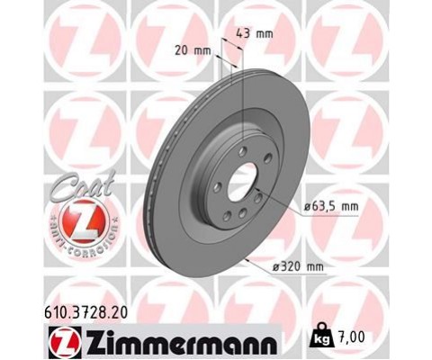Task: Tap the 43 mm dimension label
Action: click(x=258, y=34)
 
